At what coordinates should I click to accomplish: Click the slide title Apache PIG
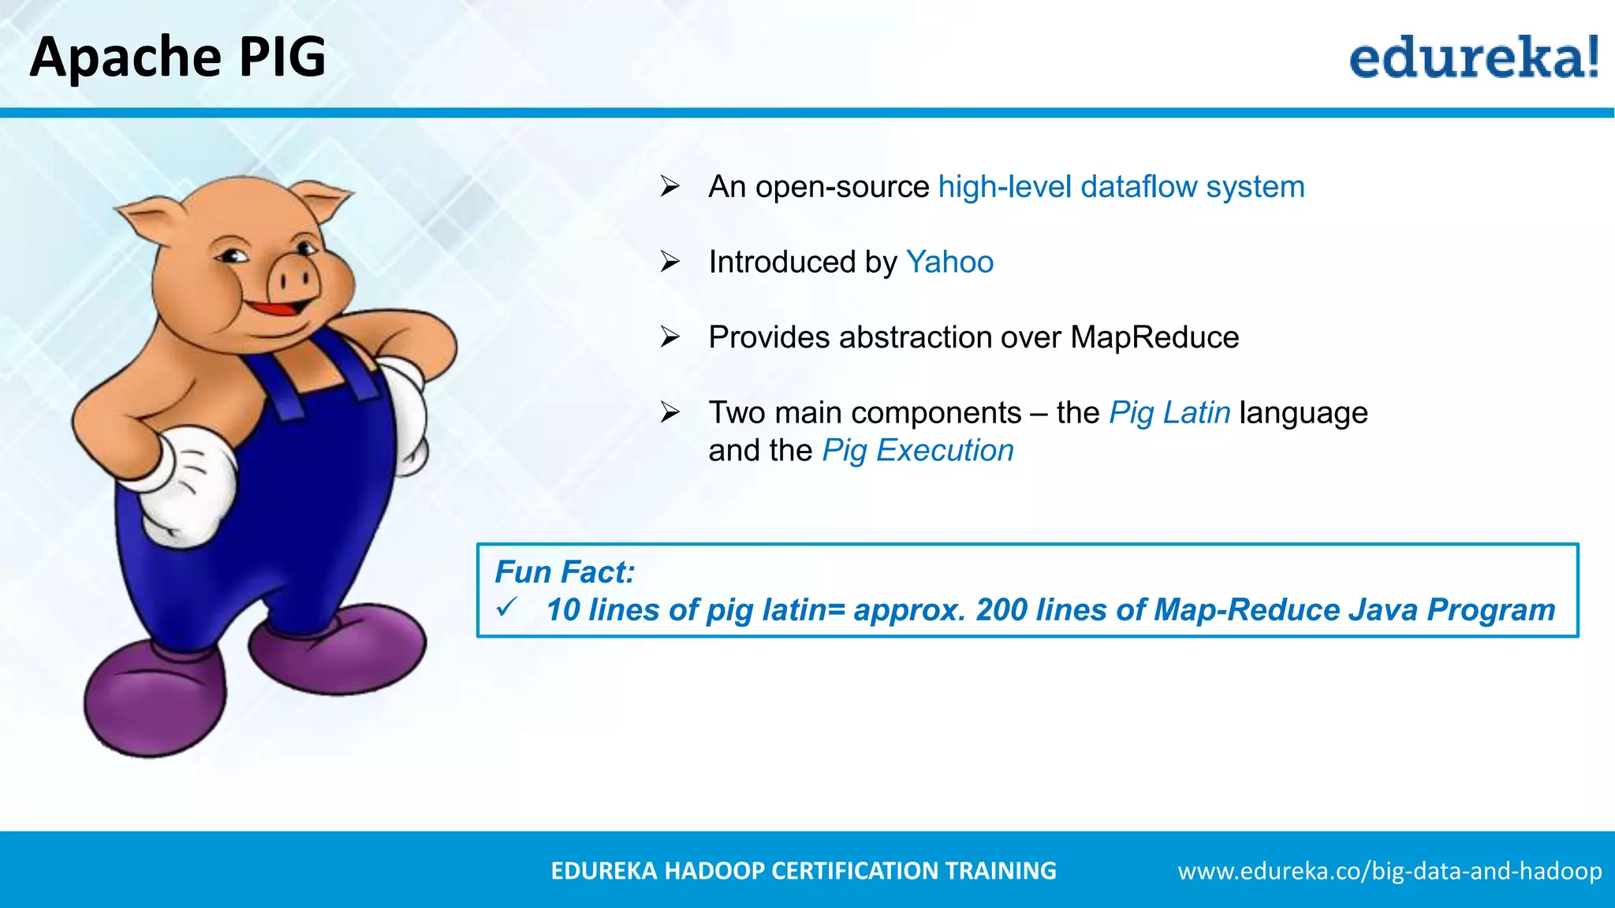(177, 57)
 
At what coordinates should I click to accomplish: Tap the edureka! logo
(1473, 58)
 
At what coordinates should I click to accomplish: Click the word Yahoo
(949, 262)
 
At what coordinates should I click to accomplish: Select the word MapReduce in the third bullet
(1154, 337)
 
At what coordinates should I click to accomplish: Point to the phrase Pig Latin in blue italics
(1169, 412)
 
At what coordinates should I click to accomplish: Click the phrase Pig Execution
(918, 450)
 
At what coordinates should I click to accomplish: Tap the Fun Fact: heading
(565, 572)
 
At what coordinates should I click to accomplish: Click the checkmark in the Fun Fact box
(506, 608)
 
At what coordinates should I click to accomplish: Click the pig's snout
(293, 278)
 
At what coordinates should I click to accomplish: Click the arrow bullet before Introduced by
(670, 262)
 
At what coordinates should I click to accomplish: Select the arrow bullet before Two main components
(670, 412)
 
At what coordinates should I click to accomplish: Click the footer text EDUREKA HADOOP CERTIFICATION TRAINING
(803, 870)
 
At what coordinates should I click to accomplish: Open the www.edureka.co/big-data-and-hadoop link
(1389, 870)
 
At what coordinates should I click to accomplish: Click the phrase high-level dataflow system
(1121, 187)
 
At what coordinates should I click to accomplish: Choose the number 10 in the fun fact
(563, 609)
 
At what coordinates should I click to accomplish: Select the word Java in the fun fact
(1382, 609)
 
